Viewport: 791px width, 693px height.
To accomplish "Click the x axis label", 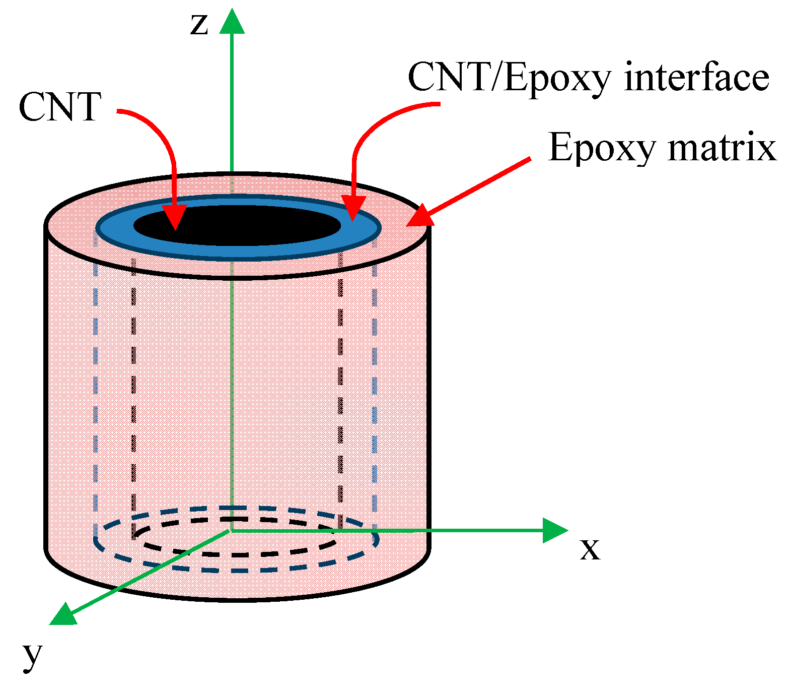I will click(x=590, y=549).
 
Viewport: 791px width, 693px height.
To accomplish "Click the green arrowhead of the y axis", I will click(x=63, y=615).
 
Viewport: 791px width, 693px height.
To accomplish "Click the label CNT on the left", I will click(x=60, y=107).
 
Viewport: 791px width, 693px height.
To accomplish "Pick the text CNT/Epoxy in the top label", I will click(x=509, y=79).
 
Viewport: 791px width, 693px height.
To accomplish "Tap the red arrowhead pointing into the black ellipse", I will click(x=174, y=218).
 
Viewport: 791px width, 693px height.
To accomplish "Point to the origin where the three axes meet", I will click(x=231, y=530).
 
